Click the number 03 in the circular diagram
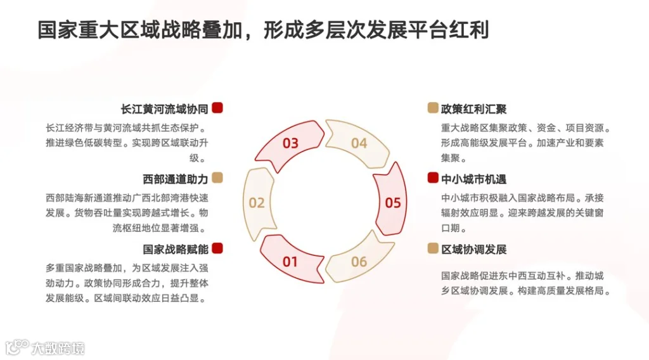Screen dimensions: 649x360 tap(290, 143)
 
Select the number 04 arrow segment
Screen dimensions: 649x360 tap(359, 143)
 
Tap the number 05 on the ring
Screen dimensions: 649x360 tap(393, 203)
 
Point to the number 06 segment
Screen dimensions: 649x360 tap(359, 261)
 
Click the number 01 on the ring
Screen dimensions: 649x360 tap(290, 261)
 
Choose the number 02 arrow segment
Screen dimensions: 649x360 tap(256, 203)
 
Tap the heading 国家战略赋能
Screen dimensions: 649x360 tap(176, 249)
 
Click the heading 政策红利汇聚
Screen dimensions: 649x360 tap(473, 109)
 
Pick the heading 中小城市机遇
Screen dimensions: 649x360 tap(473, 179)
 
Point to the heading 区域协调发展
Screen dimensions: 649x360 tap(473, 249)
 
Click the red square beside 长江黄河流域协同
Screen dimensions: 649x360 tap(217, 108)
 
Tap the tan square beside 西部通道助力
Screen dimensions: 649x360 tap(217, 178)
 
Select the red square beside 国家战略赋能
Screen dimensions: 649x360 tap(217, 248)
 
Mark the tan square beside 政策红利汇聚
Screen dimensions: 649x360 tap(433, 108)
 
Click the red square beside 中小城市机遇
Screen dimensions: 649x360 tap(433, 178)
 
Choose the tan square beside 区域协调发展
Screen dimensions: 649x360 tap(433, 248)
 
